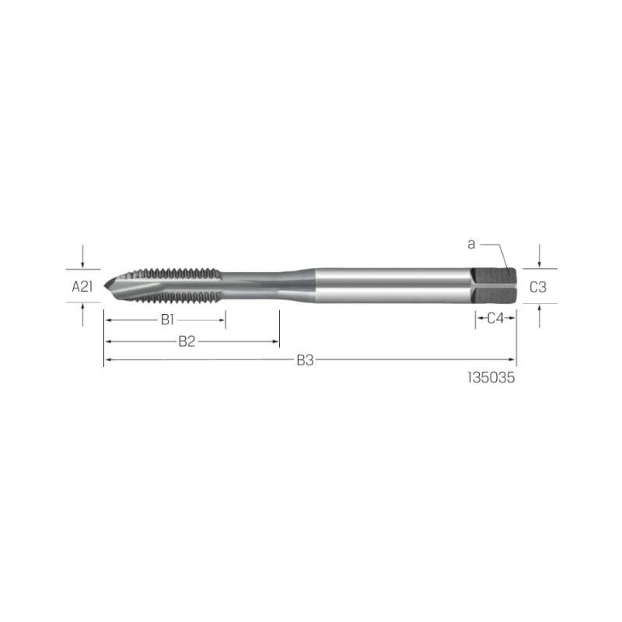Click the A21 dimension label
pyautogui.click(x=82, y=286)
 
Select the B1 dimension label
pyautogui.click(x=167, y=320)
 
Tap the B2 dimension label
pyautogui.click(x=187, y=341)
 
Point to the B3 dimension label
pyautogui.click(x=305, y=360)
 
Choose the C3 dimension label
pyautogui.click(x=538, y=287)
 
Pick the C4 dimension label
pyautogui.click(x=495, y=318)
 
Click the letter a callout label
pyautogui.click(x=471, y=244)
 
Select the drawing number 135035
pyautogui.click(x=491, y=377)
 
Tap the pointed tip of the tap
pyautogui.click(x=105, y=285)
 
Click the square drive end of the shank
pyautogui.click(x=494, y=286)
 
